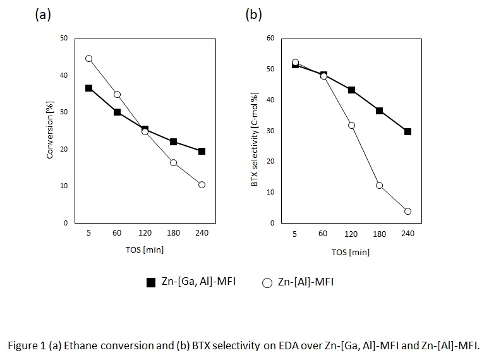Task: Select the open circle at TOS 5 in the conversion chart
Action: click(89, 59)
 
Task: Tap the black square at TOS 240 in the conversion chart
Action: click(202, 151)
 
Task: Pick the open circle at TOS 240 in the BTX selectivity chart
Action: click(407, 211)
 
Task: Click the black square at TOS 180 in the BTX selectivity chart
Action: click(379, 111)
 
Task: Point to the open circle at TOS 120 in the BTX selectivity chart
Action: click(351, 125)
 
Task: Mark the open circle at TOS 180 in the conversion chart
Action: click(173, 162)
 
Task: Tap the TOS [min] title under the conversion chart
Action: click(145, 249)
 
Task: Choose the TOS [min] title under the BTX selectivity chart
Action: click(351, 252)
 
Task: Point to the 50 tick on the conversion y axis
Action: click(63, 39)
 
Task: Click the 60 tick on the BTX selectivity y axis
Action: click(270, 39)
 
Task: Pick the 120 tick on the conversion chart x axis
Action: click(145, 233)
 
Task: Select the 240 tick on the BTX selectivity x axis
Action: click(407, 234)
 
